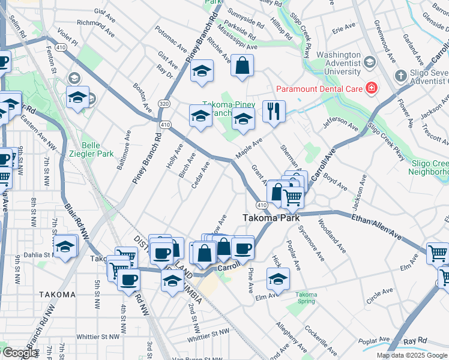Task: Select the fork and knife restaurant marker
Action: (x=274, y=112)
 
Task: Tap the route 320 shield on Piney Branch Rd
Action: (x=164, y=104)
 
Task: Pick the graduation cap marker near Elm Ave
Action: (x=278, y=279)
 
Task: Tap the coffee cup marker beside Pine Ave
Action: (x=243, y=247)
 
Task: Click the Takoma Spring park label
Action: (x=306, y=298)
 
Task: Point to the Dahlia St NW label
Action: (x=28, y=254)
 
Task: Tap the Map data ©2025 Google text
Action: (x=411, y=355)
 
